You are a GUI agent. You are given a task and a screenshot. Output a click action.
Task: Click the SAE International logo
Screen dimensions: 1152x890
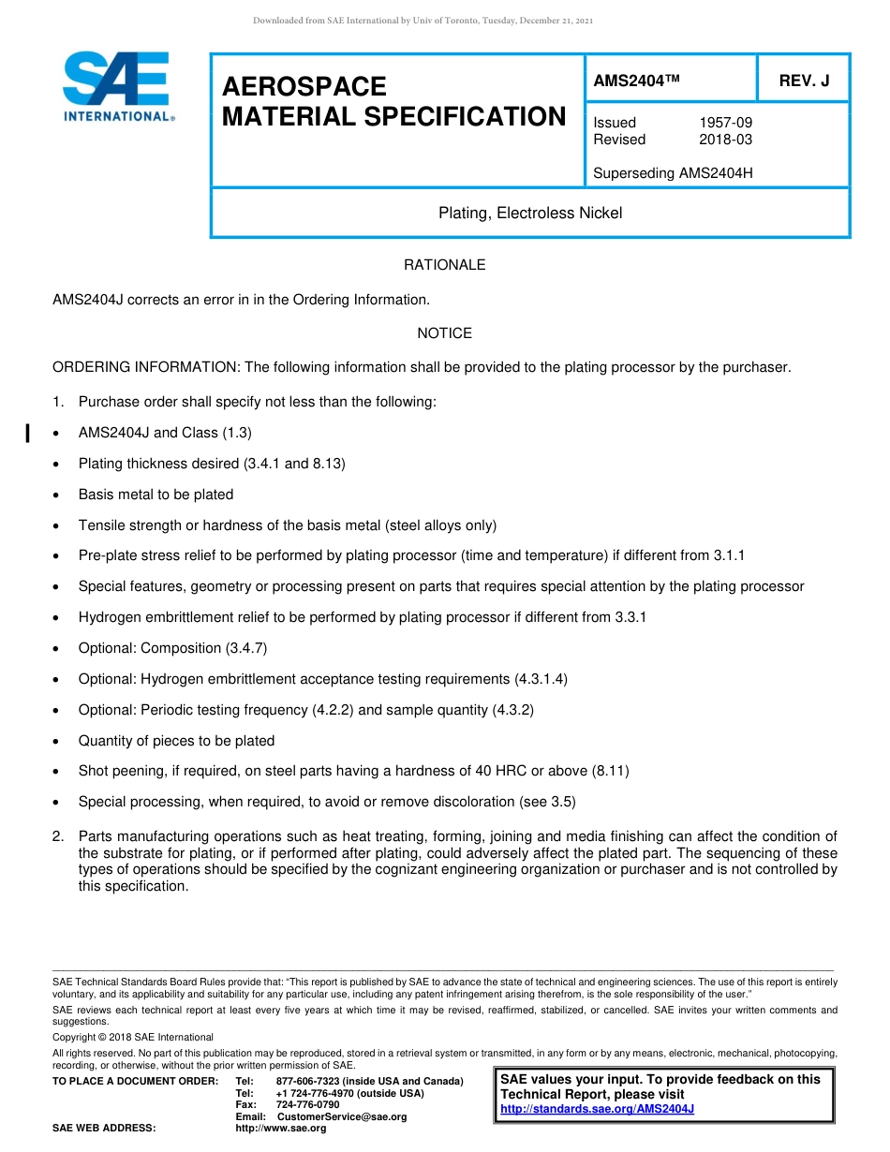pyautogui.click(x=116, y=86)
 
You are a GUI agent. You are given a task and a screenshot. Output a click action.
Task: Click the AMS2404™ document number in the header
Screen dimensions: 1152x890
pyautogui.click(x=635, y=81)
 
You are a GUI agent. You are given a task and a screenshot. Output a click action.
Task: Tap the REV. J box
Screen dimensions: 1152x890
pyautogui.click(x=804, y=81)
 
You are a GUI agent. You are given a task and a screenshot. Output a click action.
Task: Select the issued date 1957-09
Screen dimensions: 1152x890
pyautogui.click(x=725, y=123)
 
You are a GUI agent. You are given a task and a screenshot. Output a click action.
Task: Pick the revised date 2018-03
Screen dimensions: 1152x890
pyautogui.click(x=725, y=140)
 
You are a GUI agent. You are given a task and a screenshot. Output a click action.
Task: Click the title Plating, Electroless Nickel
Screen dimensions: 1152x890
pyautogui.click(x=530, y=214)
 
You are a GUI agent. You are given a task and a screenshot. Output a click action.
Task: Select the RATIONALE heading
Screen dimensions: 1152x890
pyautogui.click(x=444, y=265)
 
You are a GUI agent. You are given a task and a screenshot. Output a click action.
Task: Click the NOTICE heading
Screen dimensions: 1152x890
pyautogui.click(x=444, y=333)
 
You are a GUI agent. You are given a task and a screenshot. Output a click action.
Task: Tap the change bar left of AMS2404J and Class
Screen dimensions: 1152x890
pyautogui.click(x=27, y=433)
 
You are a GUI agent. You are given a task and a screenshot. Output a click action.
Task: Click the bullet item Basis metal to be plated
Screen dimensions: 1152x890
pyautogui.click(x=156, y=495)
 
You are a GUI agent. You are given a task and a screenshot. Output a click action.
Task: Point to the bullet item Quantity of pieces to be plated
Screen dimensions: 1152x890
pyautogui.click(x=176, y=741)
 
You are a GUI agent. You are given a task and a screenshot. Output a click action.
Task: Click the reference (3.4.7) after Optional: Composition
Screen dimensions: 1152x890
pyautogui.click(x=247, y=648)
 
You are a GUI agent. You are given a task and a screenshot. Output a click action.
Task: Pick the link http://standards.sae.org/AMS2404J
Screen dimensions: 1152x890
pyautogui.click(x=597, y=1109)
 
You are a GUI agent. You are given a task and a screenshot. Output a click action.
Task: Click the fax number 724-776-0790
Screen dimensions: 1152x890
pyautogui.click(x=308, y=1105)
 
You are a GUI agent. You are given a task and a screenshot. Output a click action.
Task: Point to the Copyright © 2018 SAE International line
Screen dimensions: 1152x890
pyautogui.click(x=133, y=1037)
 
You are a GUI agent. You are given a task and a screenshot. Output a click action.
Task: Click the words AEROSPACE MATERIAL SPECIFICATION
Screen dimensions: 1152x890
pyautogui.click(x=393, y=102)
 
